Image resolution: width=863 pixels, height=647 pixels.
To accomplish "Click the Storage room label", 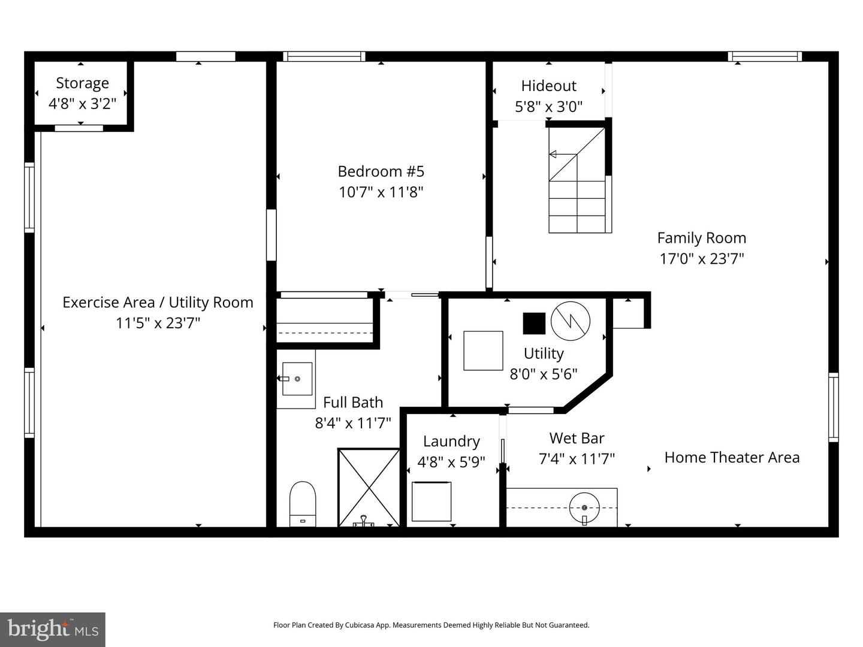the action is [x=83, y=83].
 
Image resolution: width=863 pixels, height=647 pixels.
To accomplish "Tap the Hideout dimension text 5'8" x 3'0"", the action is [x=548, y=107].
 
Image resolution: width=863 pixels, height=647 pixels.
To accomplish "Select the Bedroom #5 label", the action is [x=381, y=171].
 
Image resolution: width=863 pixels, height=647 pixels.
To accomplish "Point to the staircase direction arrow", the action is [x=563, y=155].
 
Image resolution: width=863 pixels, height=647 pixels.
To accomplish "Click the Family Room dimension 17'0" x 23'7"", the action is [x=701, y=259].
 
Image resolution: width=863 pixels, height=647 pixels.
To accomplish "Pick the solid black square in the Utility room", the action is [x=534, y=323].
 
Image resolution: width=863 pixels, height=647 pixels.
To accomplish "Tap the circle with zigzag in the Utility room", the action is [x=571, y=321].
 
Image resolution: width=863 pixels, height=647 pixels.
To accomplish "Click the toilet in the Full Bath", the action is [x=303, y=504].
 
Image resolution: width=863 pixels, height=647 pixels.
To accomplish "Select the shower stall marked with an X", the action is [x=369, y=488].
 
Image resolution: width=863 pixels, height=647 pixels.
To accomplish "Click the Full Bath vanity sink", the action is [x=297, y=379].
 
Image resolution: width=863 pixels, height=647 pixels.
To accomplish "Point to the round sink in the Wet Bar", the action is [x=585, y=508].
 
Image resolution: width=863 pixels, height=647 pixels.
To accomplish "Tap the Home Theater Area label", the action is [x=732, y=458].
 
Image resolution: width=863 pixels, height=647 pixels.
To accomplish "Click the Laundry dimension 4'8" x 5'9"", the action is [x=451, y=462].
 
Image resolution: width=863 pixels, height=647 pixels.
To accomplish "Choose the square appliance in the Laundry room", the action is [x=431, y=501].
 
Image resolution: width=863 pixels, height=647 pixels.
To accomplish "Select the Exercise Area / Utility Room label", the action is [x=158, y=303].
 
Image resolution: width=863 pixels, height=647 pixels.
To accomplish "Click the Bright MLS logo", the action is [x=53, y=629].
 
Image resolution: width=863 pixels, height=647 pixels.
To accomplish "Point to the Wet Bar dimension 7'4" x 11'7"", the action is [x=577, y=459].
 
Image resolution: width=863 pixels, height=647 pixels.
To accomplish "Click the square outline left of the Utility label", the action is [x=483, y=351].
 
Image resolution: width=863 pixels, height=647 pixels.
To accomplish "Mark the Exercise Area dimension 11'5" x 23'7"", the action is [x=158, y=323].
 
